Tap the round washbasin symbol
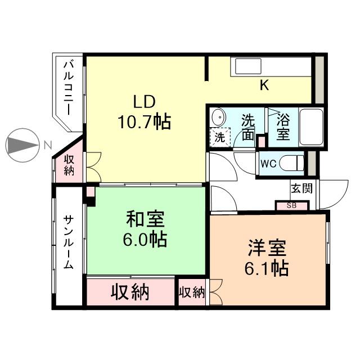coord(217,118)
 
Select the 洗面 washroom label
coord(248,127)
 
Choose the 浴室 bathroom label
coord(283,127)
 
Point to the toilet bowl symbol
coord(292,164)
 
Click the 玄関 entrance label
coord(299,187)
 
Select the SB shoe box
coord(291,205)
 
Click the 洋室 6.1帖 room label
coord(268,258)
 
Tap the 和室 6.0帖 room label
coord(145,228)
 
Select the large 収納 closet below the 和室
coord(130,292)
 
